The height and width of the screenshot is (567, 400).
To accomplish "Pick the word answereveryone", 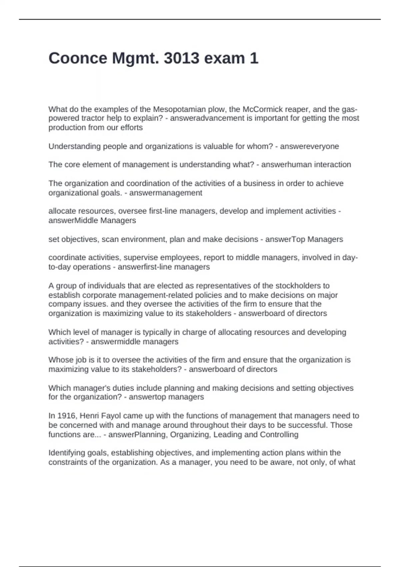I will [x=309, y=146].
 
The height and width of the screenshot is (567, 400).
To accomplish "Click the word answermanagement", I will [x=166, y=193].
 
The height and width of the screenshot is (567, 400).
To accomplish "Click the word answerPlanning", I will [x=137, y=435].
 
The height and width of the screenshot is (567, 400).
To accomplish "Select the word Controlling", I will [x=279, y=435].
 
